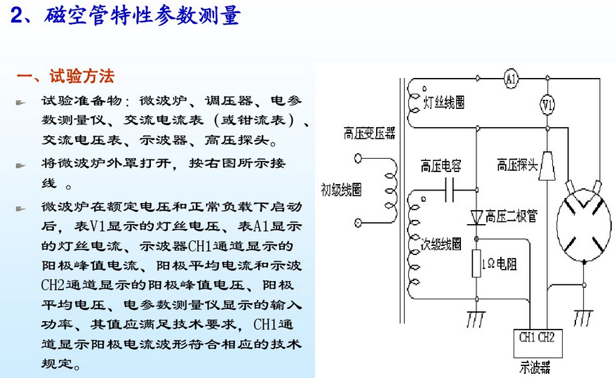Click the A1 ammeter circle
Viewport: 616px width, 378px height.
[x=511, y=79]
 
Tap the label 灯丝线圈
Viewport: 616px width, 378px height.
[x=444, y=103]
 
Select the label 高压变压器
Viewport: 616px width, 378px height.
[x=369, y=133]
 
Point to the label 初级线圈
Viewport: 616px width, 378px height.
[x=341, y=190]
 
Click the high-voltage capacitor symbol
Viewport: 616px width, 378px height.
[x=450, y=190]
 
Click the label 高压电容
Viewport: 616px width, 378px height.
[x=441, y=166]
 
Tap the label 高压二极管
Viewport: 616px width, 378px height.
[x=511, y=216]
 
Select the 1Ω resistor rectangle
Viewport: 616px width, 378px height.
[x=476, y=263]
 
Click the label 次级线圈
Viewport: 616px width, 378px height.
[x=441, y=244]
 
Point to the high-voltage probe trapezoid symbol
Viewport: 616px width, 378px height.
[x=547, y=166]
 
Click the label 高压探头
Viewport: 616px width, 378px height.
[x=517, y=165]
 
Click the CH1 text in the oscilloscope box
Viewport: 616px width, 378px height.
[x=527, y=337]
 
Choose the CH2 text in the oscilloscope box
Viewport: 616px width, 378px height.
[x=546, y=337]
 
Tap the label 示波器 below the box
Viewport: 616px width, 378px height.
[x=535, y=367]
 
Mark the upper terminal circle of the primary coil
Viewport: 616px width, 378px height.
[x=358, y=158]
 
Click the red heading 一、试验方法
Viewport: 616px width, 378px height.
[x=65, y=76]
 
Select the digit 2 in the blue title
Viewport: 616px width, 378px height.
[x=17, y=15]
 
